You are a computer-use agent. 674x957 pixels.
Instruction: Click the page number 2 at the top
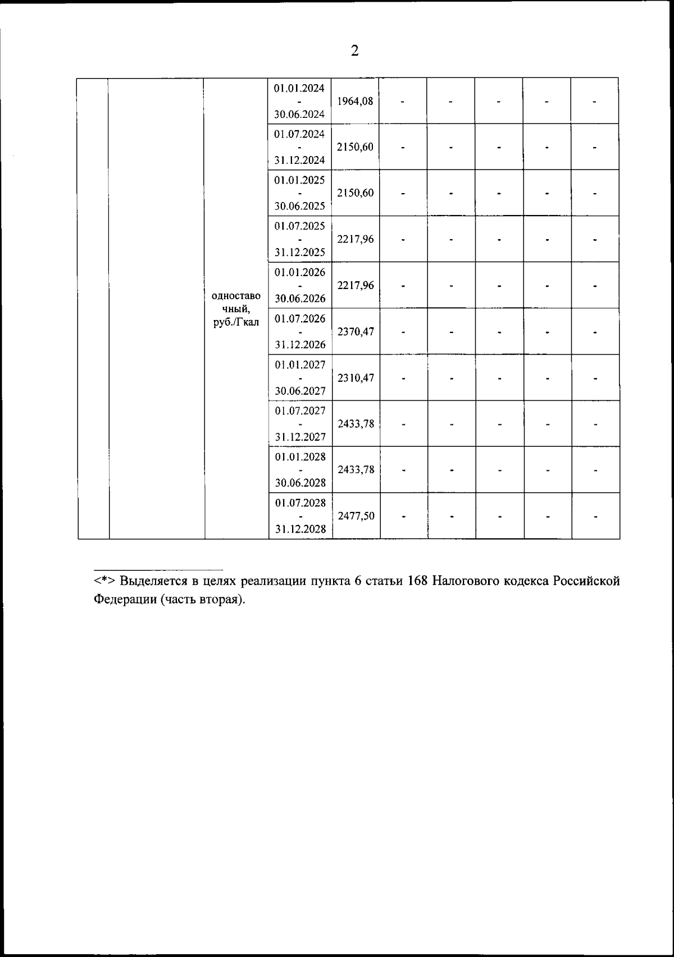[x=354, y=51]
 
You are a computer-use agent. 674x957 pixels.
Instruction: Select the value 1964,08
[x=355, y=102]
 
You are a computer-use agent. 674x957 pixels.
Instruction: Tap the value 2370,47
[x=356, y=332]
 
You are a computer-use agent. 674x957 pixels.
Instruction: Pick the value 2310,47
[x=356, y=378]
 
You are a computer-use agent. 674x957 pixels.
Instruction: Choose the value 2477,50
[x=356, y=516]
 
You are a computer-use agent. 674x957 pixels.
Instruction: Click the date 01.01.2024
[x=299, y=88]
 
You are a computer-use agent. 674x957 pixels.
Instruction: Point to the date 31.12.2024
[x=299, y=161]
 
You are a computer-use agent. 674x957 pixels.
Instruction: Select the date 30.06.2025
[x=299, y=206]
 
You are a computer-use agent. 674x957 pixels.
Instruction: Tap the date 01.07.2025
[x=299, y=226]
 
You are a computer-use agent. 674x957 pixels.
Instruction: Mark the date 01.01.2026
[x=300, y=272]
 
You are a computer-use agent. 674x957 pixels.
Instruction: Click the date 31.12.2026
[x=300, y=345]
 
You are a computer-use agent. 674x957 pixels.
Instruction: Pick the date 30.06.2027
[x=300, y=391]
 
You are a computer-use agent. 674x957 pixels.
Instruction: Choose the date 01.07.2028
[x=300, y=502]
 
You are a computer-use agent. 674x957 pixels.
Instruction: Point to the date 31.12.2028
[x=300, y=529]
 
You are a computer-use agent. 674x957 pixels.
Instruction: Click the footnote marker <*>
[x=104, y=581]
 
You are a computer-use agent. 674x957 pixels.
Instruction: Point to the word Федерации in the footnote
[x=125, y=599]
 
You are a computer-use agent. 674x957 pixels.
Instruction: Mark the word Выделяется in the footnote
[x=153, y=581]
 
